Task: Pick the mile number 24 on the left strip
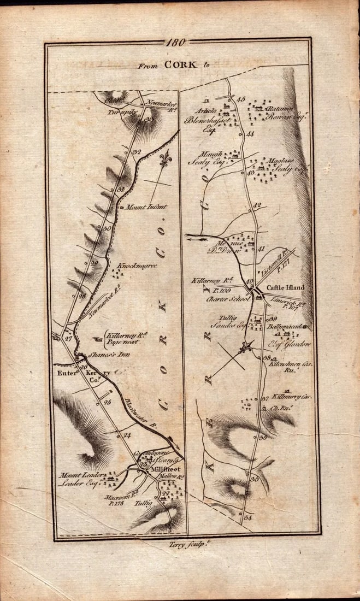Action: point(128,435)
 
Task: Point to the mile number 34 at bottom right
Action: point(249,517)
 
